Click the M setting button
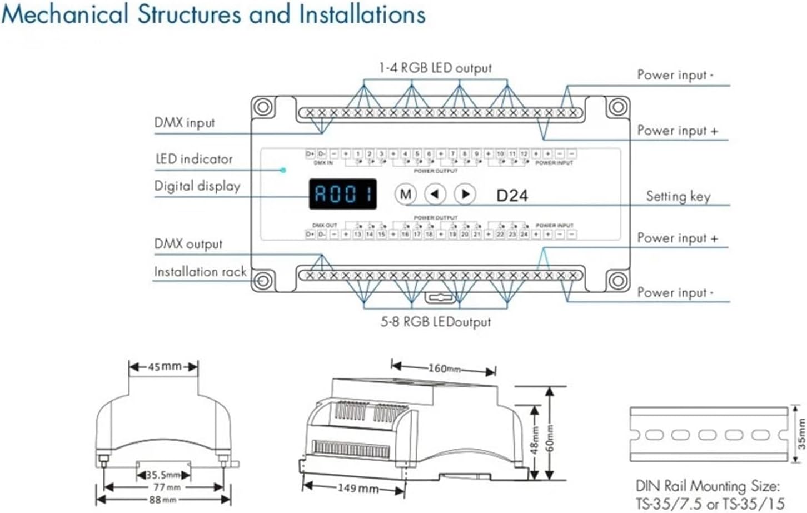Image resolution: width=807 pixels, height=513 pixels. [406, 194]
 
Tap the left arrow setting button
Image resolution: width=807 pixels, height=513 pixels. [435, 194]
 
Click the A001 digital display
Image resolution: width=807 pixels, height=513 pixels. [343, 194]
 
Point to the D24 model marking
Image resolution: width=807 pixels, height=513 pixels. [512, 196]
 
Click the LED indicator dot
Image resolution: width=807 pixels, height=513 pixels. [283, 170]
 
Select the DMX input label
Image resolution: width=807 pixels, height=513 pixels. [185, 123]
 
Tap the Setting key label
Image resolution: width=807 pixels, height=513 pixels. [678, 196]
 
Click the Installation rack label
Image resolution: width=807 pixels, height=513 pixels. [200, 272]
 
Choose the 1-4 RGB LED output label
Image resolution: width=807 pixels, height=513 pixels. [435, 68]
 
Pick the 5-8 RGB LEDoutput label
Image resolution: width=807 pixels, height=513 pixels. [436, 322]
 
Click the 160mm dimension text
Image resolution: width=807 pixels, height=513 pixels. [444, 368]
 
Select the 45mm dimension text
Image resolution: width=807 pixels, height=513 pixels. [164, 367]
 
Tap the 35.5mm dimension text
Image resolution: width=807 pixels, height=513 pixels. [163, 475]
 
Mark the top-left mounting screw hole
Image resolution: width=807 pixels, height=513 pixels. [263, 107]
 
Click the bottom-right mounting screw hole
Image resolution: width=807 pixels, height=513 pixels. [617, 281]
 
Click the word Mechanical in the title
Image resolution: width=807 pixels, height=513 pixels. [65, 14]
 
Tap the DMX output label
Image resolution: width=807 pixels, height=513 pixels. [188, 244]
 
